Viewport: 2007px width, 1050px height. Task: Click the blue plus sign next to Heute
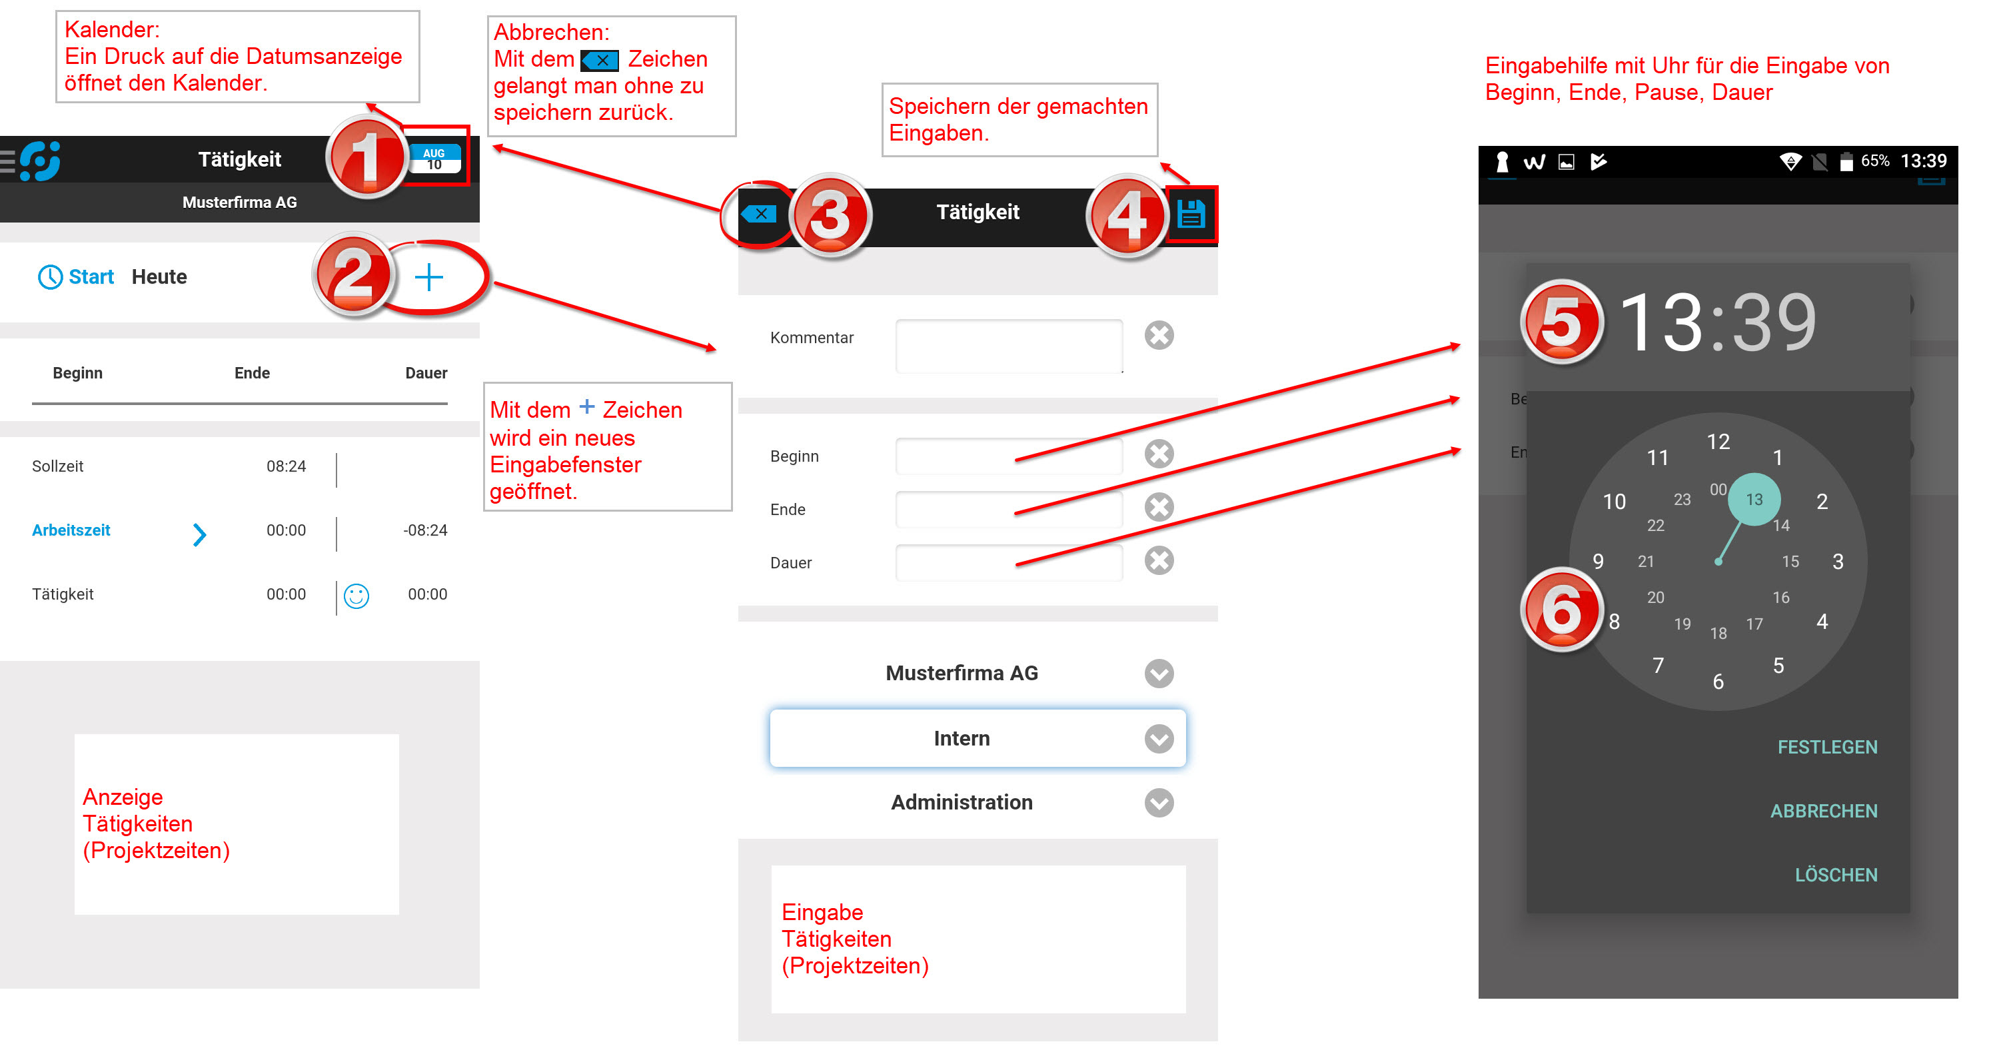pos(428,276)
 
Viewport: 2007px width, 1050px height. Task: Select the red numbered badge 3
pos(830,216)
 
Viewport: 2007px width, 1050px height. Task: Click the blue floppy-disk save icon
pos(1191,213)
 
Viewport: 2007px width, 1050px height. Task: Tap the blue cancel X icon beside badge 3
pos(759,213)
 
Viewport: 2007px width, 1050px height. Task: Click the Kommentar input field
pos(1008,345)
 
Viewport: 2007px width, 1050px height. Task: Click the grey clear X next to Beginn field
pos(1159,453)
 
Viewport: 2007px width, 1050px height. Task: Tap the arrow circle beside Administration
pos(1159,802)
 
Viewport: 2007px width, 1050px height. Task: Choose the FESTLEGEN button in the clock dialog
pos(1826,747)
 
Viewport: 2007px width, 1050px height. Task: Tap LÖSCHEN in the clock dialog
pos(1835,875)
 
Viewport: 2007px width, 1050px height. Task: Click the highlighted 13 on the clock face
pos(1753,499)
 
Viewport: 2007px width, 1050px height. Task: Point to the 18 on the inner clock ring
pos(1718,634)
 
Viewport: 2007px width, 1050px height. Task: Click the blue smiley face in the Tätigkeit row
pos(356,596)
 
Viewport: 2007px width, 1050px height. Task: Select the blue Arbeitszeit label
pos(71,530)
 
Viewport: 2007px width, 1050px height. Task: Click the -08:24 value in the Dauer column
pos(424,530)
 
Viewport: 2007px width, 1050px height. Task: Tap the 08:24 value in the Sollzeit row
pos(286,466)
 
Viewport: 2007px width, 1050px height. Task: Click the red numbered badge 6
pos(1561,610)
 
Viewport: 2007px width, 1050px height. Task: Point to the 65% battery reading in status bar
pos(1874,161)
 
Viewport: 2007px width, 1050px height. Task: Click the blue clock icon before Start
pos(50,276)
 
